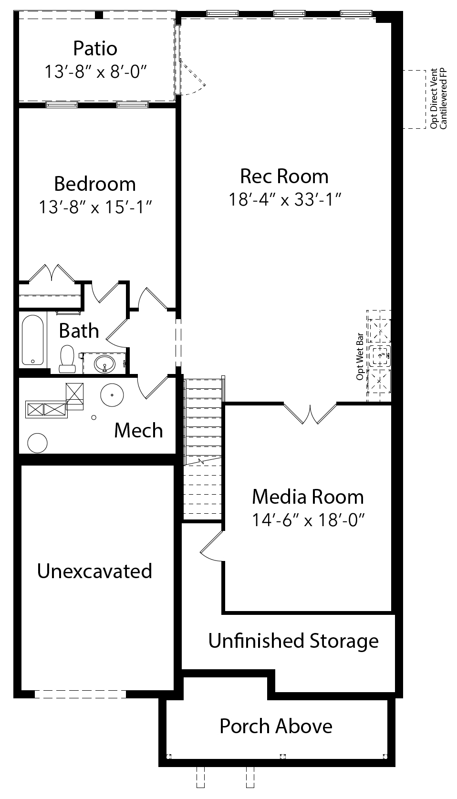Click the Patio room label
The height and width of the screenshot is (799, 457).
point(95,49)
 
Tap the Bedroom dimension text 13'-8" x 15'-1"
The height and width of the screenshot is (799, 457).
point(95,207)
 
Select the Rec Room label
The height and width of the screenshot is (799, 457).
point(284,176)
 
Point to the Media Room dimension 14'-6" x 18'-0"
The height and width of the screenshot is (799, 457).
point(308,519)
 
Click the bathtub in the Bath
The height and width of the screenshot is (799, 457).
point(33,340)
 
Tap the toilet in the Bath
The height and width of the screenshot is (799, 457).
point(67,359)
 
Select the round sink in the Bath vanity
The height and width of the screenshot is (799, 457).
point(104,364)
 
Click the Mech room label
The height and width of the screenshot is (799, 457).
point(138,430)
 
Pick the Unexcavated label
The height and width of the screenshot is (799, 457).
point(94,571)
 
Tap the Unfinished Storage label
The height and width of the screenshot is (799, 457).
point(293,641)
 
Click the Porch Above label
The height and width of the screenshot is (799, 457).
point(276,726)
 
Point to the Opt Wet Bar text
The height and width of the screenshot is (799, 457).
point(360,356)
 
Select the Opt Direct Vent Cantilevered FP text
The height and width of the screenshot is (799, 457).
point(438,98)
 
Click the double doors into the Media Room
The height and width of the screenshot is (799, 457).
point(310,414)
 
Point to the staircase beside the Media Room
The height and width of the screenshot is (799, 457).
point(203,449)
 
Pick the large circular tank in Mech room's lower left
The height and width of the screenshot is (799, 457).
point(38,443)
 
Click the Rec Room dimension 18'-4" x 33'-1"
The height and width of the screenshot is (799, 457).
point(285,200)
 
